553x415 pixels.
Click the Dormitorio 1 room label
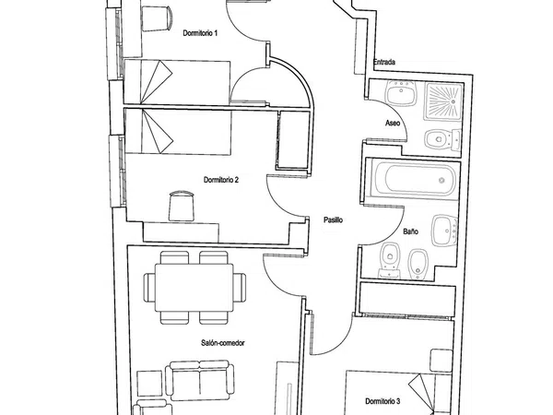tap(200, 33)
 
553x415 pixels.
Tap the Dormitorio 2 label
tap(221, 180)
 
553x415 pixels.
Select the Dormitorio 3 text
tap(382, 401)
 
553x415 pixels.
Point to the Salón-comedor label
tap(223, 343)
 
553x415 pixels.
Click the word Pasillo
tap(334, 219)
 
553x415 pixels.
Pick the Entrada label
tap(384, 62)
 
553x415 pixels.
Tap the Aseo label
tap(393, 124)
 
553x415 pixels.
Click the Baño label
tap(411, 231)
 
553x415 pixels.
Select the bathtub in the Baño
tap(414, 179)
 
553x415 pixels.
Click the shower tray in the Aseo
tap(443, 101)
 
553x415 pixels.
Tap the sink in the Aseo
tap(401, 93)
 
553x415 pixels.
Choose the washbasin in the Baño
tap(445, 231)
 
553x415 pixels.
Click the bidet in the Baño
tap(418, 265)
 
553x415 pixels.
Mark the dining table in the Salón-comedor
tap(194, 288)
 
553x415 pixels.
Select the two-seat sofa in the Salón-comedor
tap(200, 380)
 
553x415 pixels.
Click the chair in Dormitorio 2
tap(182, 206)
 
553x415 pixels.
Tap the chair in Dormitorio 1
tap(157, 18)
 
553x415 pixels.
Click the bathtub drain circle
tap(441, 181)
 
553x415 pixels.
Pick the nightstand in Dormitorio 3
tap(441, 361)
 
